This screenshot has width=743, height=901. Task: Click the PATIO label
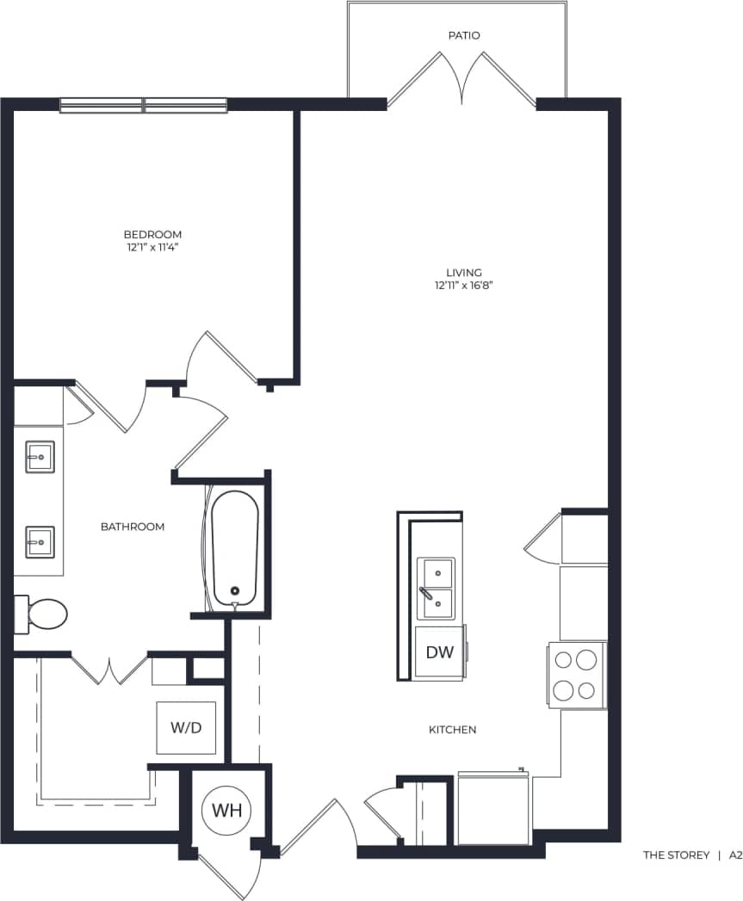point(463,35)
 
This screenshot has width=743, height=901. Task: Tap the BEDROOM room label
point(152,234)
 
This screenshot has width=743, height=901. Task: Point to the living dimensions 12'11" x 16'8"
point(463,285)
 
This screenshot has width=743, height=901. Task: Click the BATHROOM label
point(133,526)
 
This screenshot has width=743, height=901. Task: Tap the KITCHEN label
point(452,730)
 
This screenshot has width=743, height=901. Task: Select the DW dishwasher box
point(439,652)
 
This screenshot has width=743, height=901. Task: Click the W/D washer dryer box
point(185,728)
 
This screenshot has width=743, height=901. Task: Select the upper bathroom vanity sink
point(40,456)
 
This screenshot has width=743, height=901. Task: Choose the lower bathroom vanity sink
point(40,542)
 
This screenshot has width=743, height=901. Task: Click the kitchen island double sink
point(437,589)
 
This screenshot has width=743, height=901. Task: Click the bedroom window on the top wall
point(144,105)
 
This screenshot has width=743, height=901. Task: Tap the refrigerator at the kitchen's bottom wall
point(493,809)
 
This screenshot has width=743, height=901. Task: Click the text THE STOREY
point(676,855)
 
